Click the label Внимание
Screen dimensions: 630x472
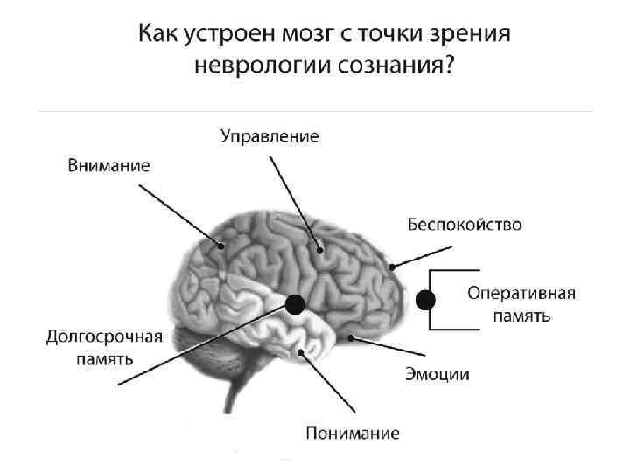point(109,165)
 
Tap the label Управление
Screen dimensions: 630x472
point(269,136)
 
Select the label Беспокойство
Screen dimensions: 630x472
point(465,225)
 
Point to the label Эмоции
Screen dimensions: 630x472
point(437,374)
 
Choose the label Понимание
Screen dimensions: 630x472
point(353,432)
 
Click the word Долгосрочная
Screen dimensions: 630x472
point(104,338)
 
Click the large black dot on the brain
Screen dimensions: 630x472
point(295,304)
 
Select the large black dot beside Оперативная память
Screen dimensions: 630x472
point(425,300)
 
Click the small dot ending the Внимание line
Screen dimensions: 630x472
point(223,246)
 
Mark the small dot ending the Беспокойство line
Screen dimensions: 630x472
point(393,266)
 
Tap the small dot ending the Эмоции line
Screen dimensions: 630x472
point(351,337)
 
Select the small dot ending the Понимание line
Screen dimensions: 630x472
point(302,352)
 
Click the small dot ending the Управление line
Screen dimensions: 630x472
point(319,251)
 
